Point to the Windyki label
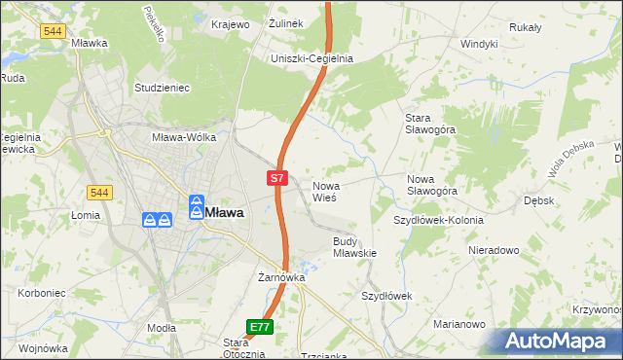[x=479, y=44]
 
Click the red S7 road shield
[x=277, y=178]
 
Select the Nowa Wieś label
[x=324, y=191]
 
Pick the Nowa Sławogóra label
[x=432, y=185]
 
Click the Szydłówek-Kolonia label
[x=438, y=221]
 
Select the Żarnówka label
[x=282, y=277]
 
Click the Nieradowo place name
[x=494, y=250]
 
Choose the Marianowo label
[x=458, y=325]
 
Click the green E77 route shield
[x=259, y=327]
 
